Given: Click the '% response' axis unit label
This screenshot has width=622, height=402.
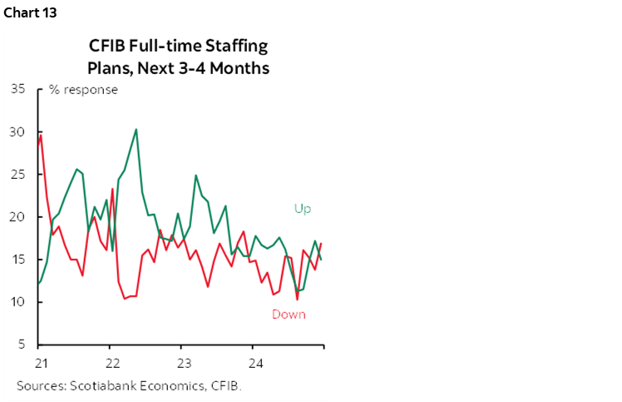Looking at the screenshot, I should tap(83, 90).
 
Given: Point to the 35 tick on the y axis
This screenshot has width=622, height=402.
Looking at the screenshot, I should tap(18, 90).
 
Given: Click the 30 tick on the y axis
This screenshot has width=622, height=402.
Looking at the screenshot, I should tap(18, 132).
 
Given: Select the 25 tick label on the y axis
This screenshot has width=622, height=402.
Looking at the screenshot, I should tap(18, 175).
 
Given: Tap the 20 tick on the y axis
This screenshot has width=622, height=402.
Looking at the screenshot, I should tap(18, 217).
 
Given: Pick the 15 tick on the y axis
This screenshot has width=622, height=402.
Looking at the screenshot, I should tap(18, 260).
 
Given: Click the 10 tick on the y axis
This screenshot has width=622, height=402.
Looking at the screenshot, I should tap(18, 302).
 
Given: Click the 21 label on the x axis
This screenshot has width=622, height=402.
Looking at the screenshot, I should tap(40, 363).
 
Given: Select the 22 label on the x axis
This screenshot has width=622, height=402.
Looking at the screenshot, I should tap(112, 363).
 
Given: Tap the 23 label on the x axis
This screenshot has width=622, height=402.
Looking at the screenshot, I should tap(185, 363).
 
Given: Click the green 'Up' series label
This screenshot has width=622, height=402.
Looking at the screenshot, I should tap(302, 209).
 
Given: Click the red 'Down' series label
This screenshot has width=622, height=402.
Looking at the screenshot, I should tap(289, 315).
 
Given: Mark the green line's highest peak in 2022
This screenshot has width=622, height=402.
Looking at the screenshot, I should tap(136, 129).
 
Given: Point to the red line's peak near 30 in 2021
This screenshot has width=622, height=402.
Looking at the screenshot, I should tap(41, 136).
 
